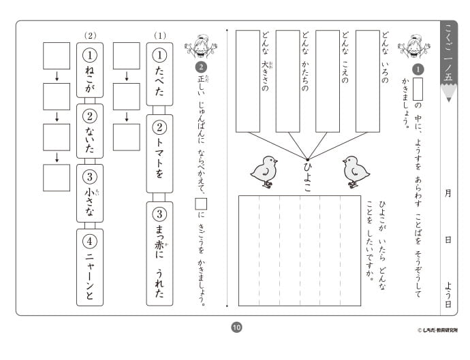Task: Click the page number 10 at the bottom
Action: pos(236,328)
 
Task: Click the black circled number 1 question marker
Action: pos(418,69)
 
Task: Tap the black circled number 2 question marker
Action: pos(200,67)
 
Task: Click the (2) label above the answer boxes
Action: pos(90,35)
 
